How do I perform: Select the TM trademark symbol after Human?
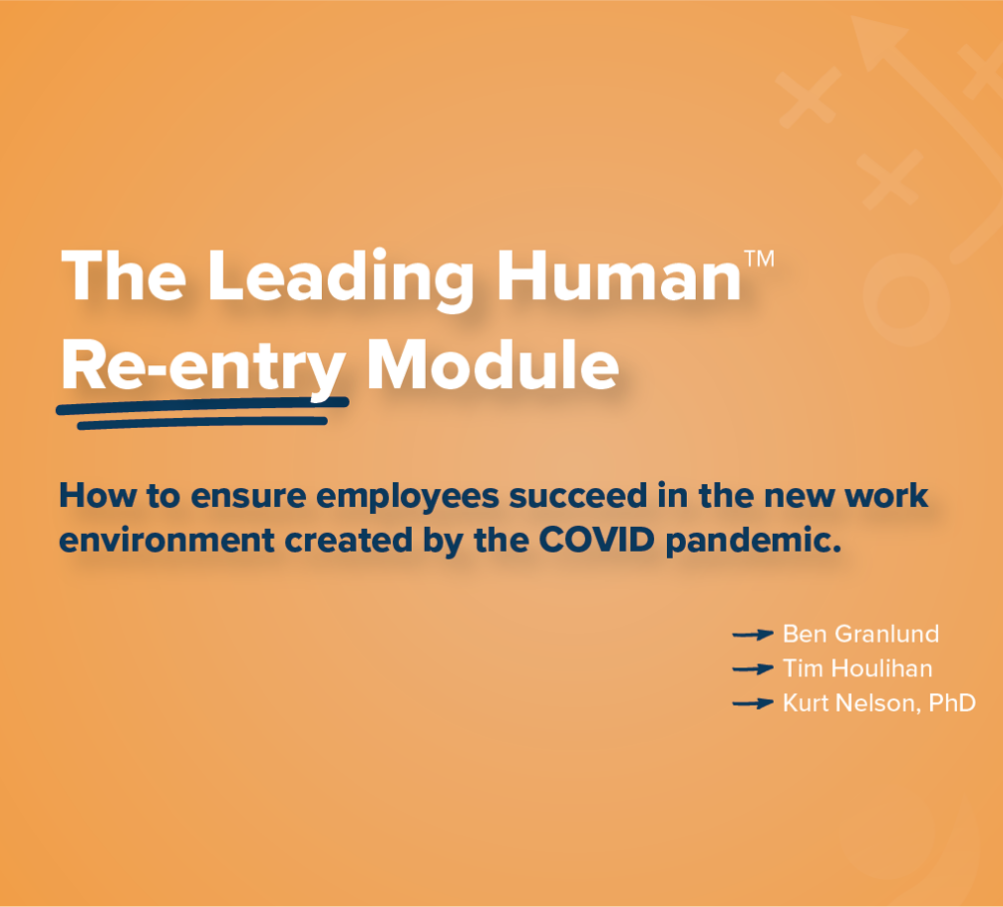pyautogui.click(x=759, y=258)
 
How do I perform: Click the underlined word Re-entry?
pyautogui.click(x=203, y=367)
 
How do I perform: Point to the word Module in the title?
pyautogui.click(x=492, y=365)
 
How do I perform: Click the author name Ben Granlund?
pyautogui.click(x=860, y=634)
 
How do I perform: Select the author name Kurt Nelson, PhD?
pyautogui.click(x=878, y=703)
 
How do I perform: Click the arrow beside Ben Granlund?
pyautogui.click(x=753, y=634)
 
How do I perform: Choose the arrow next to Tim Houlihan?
pyautogui.click(x=753, y=669)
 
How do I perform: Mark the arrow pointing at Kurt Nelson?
pyautogui.click(x=753, y=703)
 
